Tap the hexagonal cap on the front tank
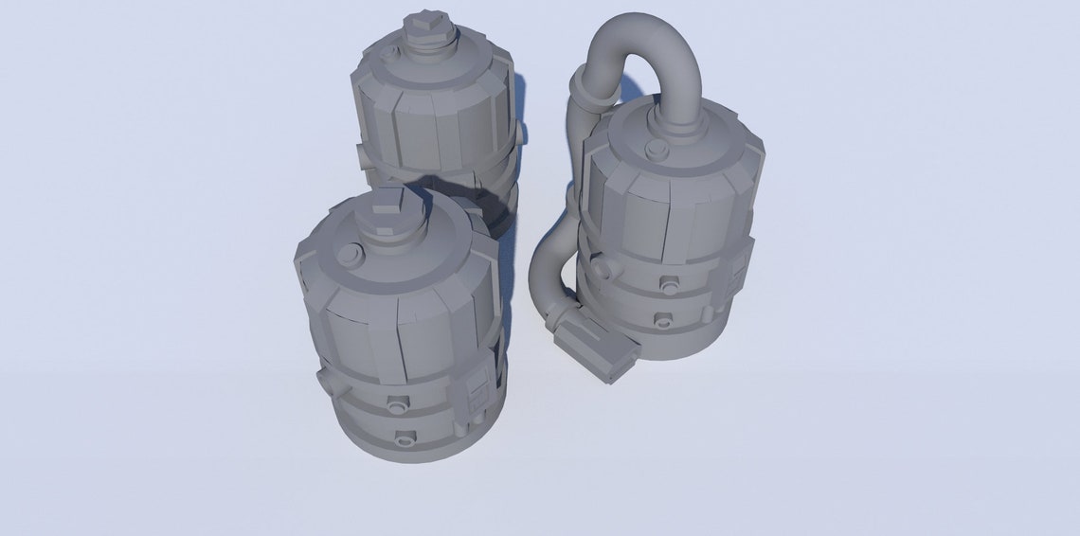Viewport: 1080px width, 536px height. [387, 210]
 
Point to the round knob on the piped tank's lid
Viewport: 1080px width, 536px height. [655, 148]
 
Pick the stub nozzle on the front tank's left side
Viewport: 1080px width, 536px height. [324, 383]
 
